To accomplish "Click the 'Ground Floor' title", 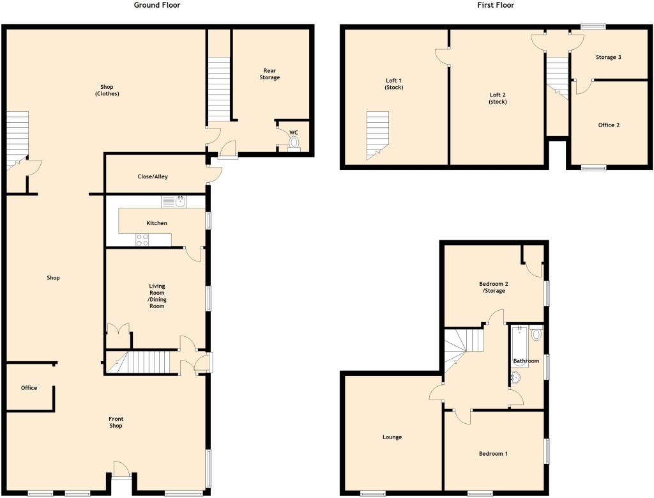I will tap(156, 5).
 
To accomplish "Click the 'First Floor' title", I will tap(495, 5).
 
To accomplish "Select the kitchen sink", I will tap(174, 202).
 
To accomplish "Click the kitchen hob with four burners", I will tap(142, 240).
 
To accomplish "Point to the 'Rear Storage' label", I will tap(270, 74).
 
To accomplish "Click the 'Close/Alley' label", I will tap(153, 176).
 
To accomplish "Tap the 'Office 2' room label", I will tap(608, 125).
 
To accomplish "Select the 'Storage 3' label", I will tap(608, 58).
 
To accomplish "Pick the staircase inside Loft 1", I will tap(377, 134).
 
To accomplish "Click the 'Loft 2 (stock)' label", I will tap(497, 98).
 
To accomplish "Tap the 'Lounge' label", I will tap(392, 437).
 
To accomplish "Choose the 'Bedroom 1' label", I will tap(493, 454).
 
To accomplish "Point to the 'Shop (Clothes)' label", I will tap(110, 90).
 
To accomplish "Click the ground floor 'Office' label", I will tap(29, 388).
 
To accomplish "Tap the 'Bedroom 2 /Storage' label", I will tap(492, 287).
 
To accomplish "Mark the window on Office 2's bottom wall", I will tap(593, 169).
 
